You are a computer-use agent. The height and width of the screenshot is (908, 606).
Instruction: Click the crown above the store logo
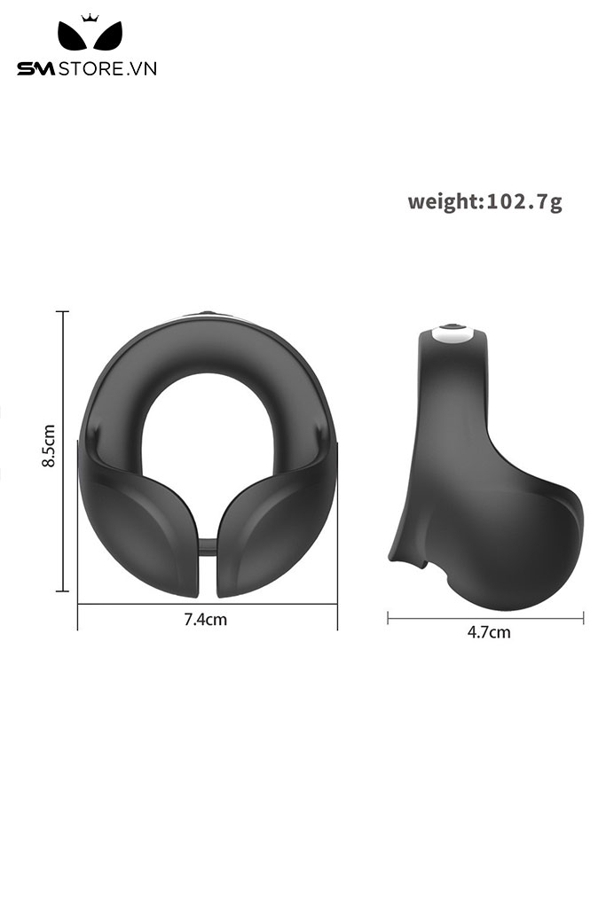click(x=90, y=18)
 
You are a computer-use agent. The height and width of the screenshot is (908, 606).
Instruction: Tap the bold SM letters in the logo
click(x=35, y=69)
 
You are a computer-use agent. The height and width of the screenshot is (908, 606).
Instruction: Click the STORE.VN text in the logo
click(x=107, y=69)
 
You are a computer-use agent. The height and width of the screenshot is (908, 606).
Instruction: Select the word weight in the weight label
click(x=443, y=202)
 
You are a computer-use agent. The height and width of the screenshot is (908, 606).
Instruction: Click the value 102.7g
click(x=523, y=201)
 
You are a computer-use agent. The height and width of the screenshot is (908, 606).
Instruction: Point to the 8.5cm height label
click(x=49, y=445)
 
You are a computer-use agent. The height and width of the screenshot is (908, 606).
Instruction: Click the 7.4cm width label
click(x=205, y=620)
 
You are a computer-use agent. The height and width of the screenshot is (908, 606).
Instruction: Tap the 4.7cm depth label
click(x=489, y=631)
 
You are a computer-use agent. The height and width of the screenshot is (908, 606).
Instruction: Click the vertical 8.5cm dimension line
click(x=62, y=451)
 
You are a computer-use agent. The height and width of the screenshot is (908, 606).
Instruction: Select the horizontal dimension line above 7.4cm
click(x=208, y=605)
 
